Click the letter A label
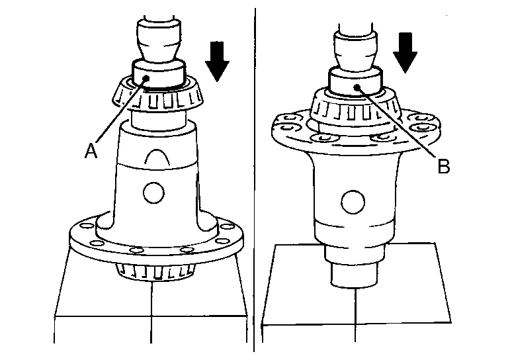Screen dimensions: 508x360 pyautogui.click(x=91, y=151)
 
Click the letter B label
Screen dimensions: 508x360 pyautogui.click(x=444, y=166)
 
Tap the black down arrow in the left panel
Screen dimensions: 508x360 pyautogui.click(x=217, y=62)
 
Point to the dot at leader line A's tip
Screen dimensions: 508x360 pyautogui.click(x=146, y=78)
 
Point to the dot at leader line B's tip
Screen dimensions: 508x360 pyautogui.click(x=357, y=87)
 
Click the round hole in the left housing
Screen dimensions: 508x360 pyautogui.click(x=153, y=193)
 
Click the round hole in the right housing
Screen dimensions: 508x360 pyautogui.click(x=353, y=202)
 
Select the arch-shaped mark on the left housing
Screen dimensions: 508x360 pyautogui.click(x=157, y=157)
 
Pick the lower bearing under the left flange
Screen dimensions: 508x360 pyautogui.click(x=156, y=271)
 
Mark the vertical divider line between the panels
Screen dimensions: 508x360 pyautogui.click(x=254, y=180)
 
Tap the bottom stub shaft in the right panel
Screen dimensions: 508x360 pyautogui.click(x=354, y=271)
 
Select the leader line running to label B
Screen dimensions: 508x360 pyautogui.click(x=396, y=122)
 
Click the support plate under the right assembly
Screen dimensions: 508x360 pyautogui.click(x=356, y=283)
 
